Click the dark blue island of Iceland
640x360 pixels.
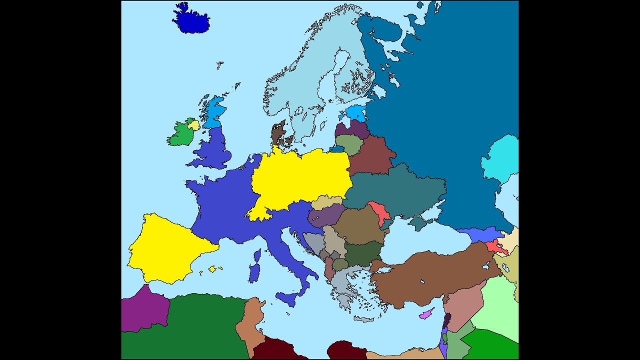point(191,20)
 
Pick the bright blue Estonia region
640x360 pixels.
point(356,113)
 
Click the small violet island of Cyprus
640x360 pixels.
point(426,314)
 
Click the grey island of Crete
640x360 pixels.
point(363,318)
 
